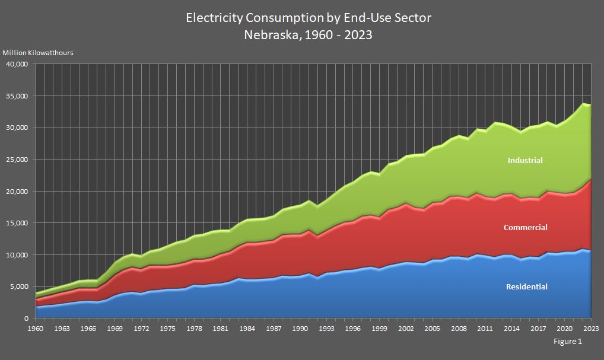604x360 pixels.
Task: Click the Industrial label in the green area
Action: [x=525, y=160]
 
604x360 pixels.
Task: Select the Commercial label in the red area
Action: [x=525, y=227]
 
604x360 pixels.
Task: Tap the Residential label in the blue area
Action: [x=526, y=286]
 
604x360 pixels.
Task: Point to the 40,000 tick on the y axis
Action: [x=17, y=64]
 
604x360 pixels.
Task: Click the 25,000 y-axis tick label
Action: [x=17, y=160]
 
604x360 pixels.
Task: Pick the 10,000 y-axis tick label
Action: [x=17, y=255]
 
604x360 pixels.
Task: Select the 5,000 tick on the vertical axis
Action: [x=19, y=286]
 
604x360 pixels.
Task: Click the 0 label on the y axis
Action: [x=26, y=318]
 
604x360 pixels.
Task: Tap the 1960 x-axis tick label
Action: [x=36, y=328]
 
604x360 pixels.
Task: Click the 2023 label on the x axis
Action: [x=591, y=328]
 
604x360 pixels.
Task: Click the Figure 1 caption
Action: [x=568, y=342]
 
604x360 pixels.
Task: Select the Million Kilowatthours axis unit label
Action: [x=39, y=52]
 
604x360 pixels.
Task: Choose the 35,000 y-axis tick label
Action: [x=17, y=96]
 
